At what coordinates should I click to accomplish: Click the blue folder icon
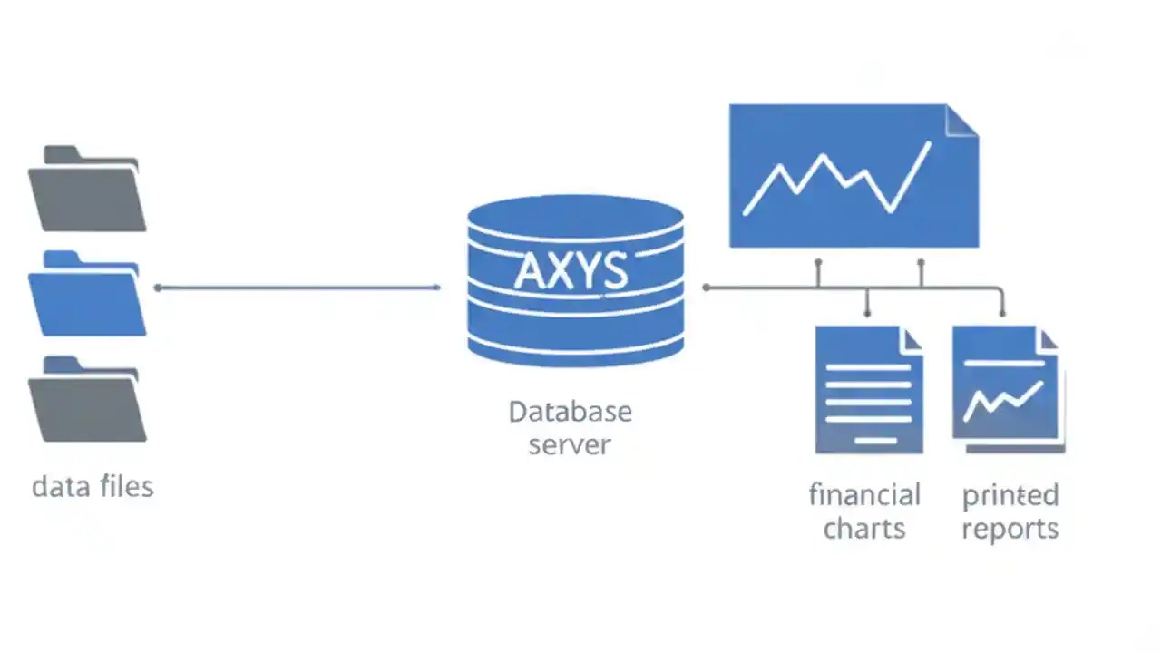pyautogui.click(x=86, y=295)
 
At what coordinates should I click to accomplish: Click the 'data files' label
pyautogui.click(x=93, y=487)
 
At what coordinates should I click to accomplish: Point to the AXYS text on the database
pyautogui.click(x=571, y=271)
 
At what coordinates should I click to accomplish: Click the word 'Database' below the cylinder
pyautogui.click(x=570, y=412)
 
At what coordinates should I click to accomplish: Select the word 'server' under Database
pyautogui.click(x=570, y=445)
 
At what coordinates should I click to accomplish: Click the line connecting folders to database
pyautogui.click(x=299, y=288)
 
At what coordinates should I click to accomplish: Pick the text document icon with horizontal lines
pyautogui.click(x=868, y=390)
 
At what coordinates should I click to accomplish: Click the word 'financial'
pyautogui.click(x=864, y=495)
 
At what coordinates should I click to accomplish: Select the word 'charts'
pyautogui.click(x=864, y=529)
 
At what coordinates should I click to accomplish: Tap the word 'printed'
pyautogui.click(x=1010, y=495)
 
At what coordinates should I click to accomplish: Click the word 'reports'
pyautogui.click(x=1010, y=529)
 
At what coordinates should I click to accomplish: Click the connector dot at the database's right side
pyautogui.click(x=707, y=288)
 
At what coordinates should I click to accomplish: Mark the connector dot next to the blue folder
pyautogui.click(x=158, y=288)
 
